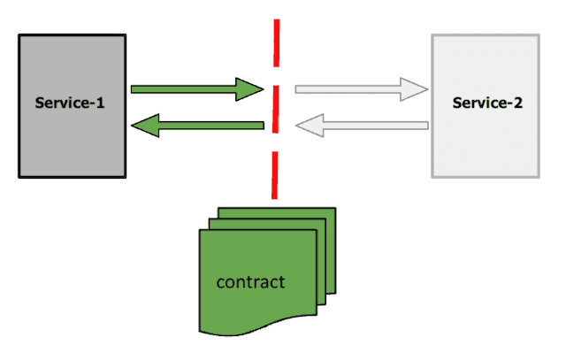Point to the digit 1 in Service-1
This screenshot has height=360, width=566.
click(100, 103)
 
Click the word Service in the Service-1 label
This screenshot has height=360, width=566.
click(60, 103)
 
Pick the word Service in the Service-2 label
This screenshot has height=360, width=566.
click(478, 103)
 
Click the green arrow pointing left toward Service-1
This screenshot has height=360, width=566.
click(203, 128)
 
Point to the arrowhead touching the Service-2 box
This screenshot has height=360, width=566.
click(415, 88)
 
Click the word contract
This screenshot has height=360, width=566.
click(251, 282)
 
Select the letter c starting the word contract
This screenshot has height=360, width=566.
click(221, 283)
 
